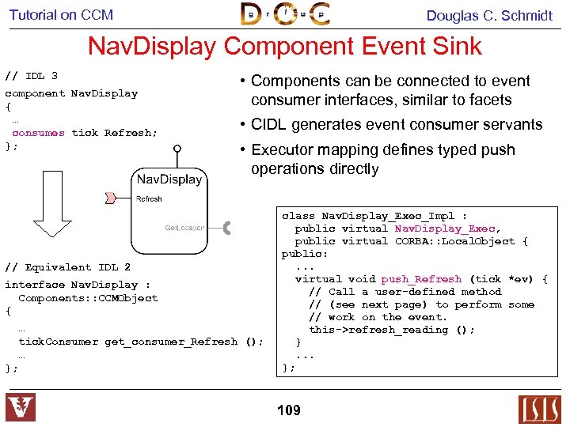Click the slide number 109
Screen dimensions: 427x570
289,410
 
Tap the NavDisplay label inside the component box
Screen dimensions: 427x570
169,179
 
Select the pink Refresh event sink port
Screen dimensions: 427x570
112,196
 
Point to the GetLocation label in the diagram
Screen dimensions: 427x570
184,228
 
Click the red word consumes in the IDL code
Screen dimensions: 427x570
38,133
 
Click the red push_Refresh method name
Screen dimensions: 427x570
421,279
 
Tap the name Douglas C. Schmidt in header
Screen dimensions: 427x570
489,15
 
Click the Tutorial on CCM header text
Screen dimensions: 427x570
61,14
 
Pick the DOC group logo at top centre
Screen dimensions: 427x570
285,14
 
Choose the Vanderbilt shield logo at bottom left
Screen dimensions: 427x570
21,408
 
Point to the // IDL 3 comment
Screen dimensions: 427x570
32,76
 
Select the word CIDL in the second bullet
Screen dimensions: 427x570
269,124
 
